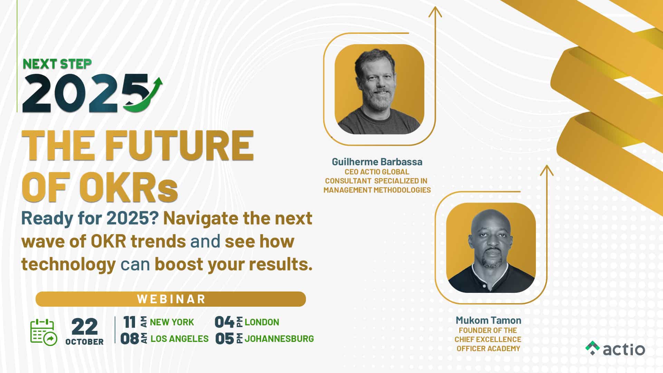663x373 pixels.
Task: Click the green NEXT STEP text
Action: (x=57, y=64)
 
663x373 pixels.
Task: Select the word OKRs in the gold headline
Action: (x=128, y=189)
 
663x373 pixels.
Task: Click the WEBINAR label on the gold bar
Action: (x=171, y=299)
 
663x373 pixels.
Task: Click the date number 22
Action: (x=85, y=326)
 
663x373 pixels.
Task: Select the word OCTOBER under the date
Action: (x=85, y=342)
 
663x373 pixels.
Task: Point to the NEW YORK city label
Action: (x=172, y=322)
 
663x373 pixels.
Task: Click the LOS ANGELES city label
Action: (x=180, y=339)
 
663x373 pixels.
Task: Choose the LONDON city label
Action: (x=262, y=322)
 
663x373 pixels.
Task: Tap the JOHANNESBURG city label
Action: (x=279, y=339)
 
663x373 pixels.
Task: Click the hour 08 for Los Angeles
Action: (x=130, y=339)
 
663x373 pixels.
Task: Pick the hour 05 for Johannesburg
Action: (x=224, y=339)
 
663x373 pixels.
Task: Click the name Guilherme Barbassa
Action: (x=377, y=162)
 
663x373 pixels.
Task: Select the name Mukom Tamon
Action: (x=488, y=321)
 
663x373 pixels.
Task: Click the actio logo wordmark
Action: (x=624, y=349)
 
